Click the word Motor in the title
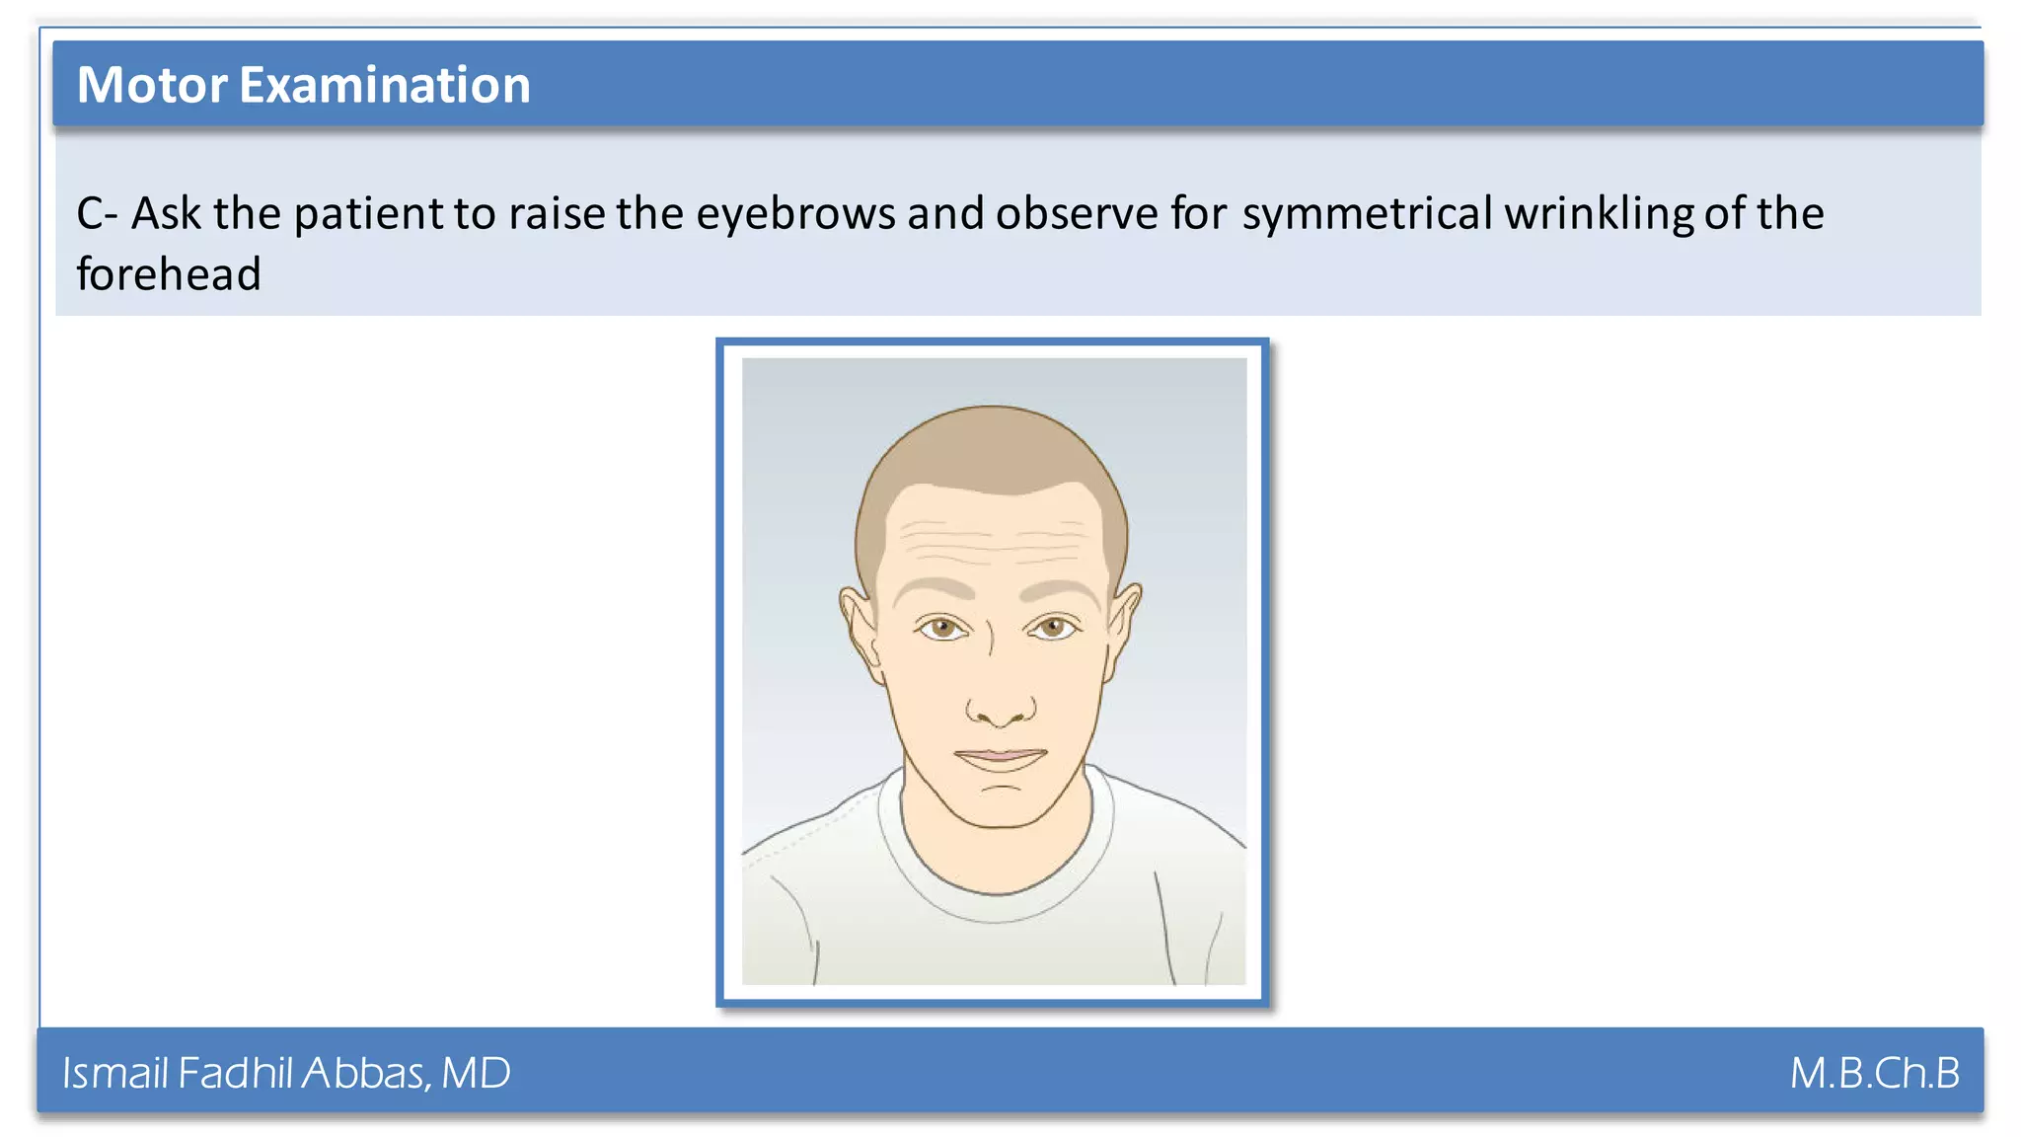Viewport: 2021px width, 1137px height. coord(152,85)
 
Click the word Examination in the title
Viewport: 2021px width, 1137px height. coord(385,85)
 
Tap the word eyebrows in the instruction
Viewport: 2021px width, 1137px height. coord(795,213)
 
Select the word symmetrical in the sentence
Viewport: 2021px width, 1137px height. coord(1367,213)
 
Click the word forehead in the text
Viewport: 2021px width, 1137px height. coord(169,274)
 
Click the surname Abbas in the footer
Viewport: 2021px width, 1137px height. coord(365,1073)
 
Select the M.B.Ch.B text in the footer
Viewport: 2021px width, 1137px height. coord(1874,1073)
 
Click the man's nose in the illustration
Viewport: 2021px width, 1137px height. coord(1000,703)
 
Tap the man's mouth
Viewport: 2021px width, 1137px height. coord(1000,758)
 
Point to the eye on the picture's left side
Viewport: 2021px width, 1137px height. coord(943,628)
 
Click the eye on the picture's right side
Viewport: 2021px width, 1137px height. coord(1054,628)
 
